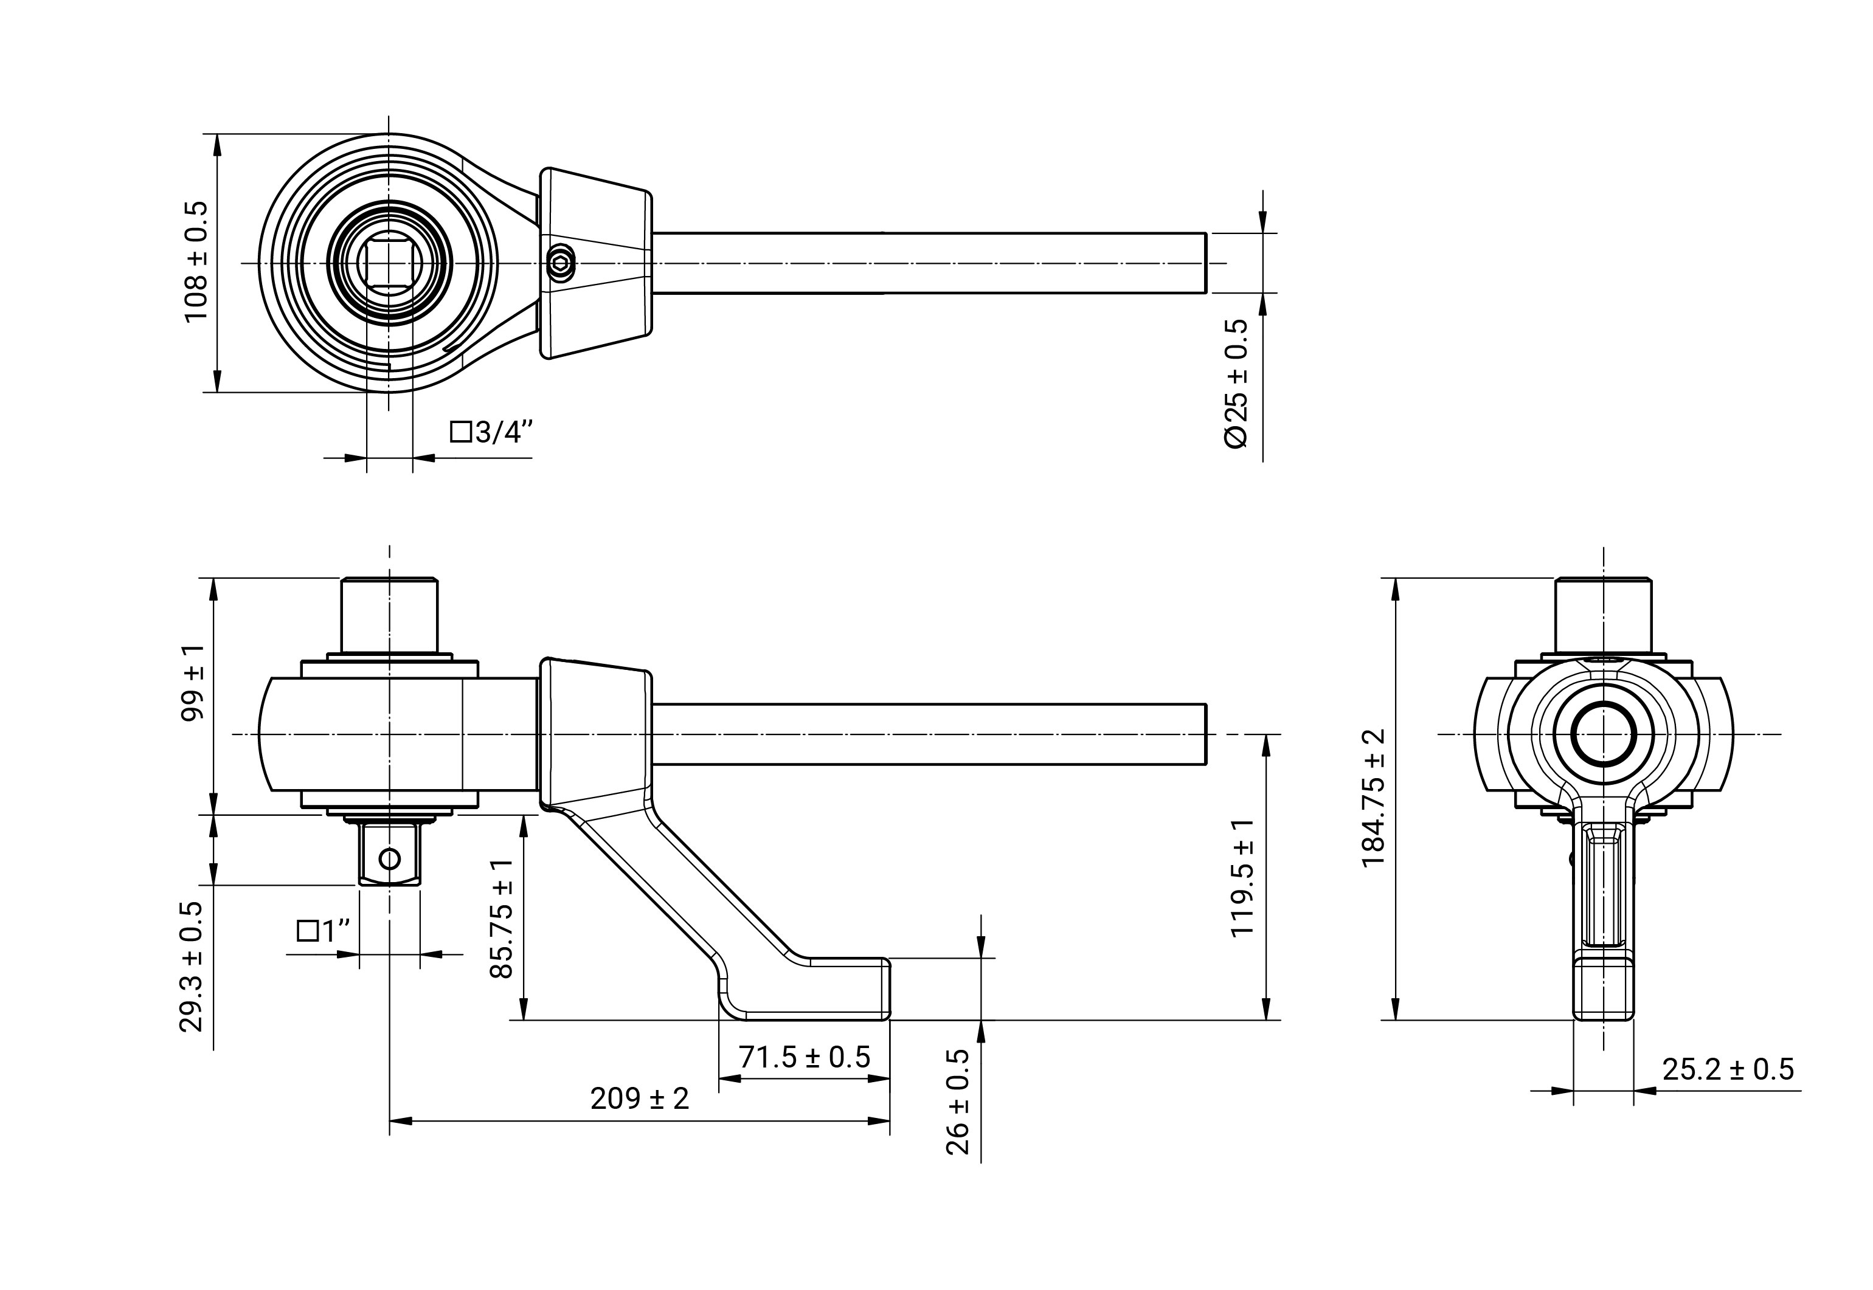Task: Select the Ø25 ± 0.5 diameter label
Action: tap(1237, 382)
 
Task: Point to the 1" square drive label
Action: tap(324, 931)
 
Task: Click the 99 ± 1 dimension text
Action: tap(193, 683)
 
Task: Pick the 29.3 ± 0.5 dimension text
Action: tap(191, 967)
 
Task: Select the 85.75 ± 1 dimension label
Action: tap(502, 918)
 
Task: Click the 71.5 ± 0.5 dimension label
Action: tap(805, 1057)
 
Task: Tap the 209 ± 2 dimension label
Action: tap(639, 1099)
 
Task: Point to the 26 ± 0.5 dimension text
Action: tap(957, 1102)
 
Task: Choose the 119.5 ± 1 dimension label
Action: tap(1242, 878)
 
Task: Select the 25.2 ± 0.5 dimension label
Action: tap(1728, 1069)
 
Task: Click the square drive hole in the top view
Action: tap(389, 263)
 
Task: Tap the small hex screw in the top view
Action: tap(560, 263)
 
